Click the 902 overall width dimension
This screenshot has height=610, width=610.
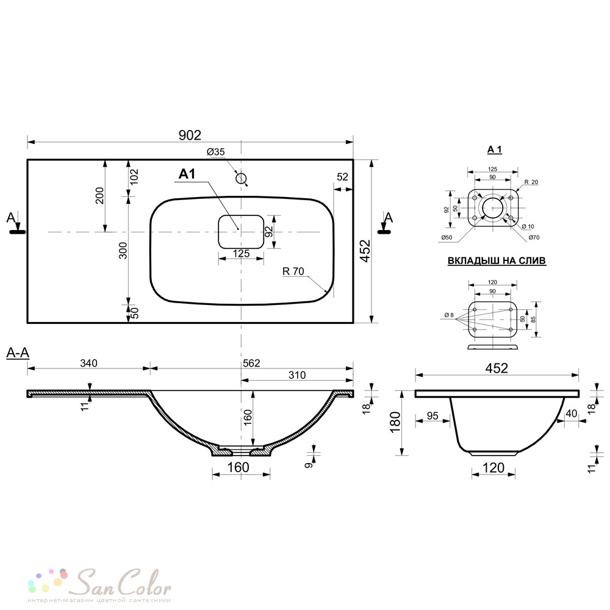[190, 135]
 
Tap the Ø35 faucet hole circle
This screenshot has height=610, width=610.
[241, 179]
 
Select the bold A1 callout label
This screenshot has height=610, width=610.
[187, 174]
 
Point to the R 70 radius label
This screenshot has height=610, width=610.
[293, 271]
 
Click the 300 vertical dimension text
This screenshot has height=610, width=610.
[123, 251]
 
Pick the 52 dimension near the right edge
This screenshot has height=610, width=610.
[342, 177]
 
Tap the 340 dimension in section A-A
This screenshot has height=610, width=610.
[88, 363]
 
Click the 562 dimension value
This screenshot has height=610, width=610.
[251, 363]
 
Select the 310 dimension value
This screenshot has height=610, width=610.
[297, 375]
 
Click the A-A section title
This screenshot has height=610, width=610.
[18, 353]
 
